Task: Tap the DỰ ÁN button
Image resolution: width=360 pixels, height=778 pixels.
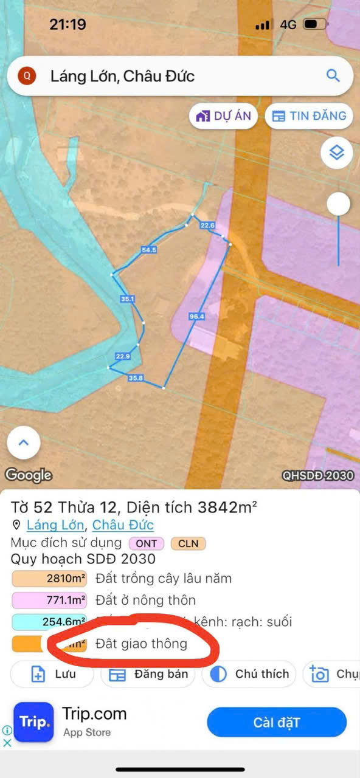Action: coord(223,116)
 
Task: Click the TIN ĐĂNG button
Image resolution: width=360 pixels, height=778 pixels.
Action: coord(309,116)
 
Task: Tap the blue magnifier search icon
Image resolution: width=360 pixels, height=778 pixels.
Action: coord(333,76)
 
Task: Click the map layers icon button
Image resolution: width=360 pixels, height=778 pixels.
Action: coord(337,153)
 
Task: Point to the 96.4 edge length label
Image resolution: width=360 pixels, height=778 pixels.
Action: coord(197,317)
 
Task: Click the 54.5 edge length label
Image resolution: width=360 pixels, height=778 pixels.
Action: coord(149,250)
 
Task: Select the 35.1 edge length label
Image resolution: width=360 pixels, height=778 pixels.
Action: coord(127,299)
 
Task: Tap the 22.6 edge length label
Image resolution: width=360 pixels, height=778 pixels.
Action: coord(207,225)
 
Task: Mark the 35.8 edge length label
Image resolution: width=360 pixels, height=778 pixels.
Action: coord(136,378)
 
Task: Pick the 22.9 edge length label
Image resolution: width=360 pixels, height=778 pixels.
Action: coord(123,356)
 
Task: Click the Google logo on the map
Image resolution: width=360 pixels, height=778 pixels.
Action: coord(29,475)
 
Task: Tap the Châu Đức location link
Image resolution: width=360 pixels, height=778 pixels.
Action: coord(123,525)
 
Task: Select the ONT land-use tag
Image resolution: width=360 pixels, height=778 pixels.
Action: coord(146,543)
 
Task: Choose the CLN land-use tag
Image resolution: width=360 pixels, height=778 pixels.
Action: coord(188,543)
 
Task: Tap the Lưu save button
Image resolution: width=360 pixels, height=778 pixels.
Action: coord(52,674)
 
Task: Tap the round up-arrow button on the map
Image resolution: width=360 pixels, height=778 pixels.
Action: coord(24,443)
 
